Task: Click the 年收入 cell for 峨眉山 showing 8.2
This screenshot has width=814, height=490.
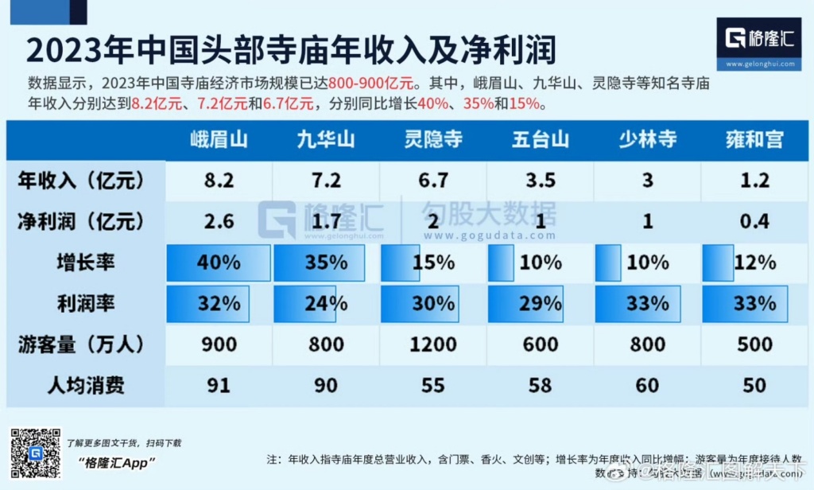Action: pos(219,181)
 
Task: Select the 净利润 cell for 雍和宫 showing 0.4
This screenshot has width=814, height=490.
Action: pos(754,221)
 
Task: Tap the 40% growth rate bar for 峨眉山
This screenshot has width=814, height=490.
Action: pos(219,262)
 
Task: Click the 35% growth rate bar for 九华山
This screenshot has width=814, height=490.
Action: pos(320,262)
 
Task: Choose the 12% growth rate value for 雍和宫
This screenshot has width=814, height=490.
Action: pos(754,262)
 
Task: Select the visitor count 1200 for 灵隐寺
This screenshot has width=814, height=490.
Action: pos(433,344)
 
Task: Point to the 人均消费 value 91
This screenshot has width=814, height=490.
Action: pos(219,385)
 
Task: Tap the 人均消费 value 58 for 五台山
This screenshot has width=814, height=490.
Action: pos(541,385)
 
